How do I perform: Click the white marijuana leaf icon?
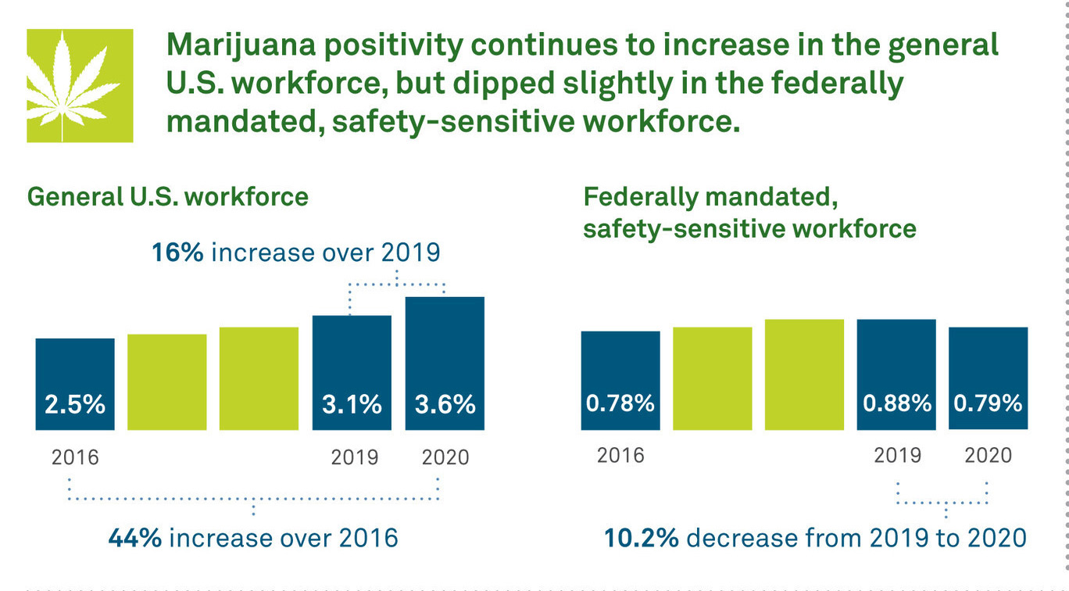[80, 86]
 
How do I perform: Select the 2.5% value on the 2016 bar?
[75, 404]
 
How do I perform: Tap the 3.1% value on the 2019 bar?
[352, 404]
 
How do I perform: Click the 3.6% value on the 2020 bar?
[444, 404]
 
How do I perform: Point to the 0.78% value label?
[620, 403]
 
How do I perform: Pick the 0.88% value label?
[896, 403]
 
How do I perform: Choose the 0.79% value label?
[989, 403]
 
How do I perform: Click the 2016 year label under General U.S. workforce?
[75, 457]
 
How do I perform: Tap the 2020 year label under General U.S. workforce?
[445, 457]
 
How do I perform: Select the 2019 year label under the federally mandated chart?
[897, 455]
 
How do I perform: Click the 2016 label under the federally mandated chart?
[620, 455]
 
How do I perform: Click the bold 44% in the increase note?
[135, 539]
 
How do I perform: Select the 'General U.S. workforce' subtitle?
[168, 196]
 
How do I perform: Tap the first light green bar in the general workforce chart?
[167, 381]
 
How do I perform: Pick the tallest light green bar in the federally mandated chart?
[804, 374]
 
